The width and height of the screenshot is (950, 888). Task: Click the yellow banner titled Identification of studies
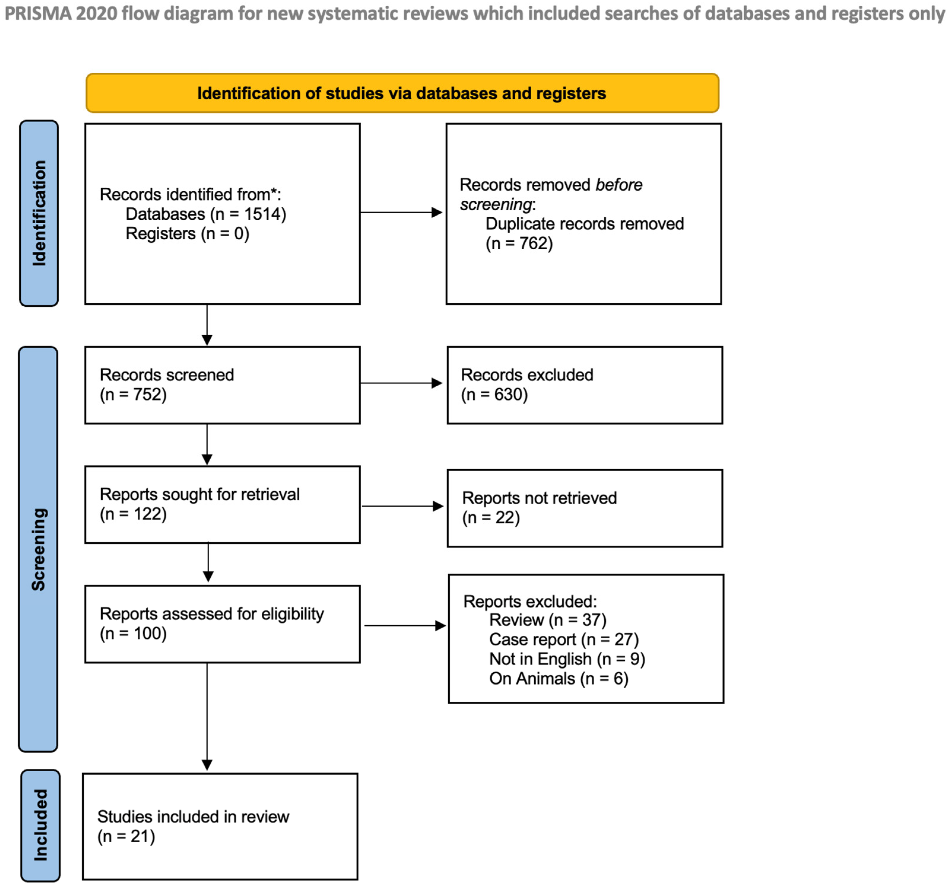(402, 93)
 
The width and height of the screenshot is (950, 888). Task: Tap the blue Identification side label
(39, 213)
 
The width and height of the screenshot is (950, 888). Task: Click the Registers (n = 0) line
(187, 234)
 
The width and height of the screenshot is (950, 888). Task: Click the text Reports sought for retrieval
(200, 494)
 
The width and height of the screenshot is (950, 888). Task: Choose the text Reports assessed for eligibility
(212, 613)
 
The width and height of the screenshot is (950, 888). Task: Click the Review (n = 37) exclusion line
(548, 620)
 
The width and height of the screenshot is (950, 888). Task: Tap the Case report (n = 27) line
(564, 639)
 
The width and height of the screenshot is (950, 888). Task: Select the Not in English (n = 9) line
(567, 659)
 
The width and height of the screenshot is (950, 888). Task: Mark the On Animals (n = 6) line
(559, 678)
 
